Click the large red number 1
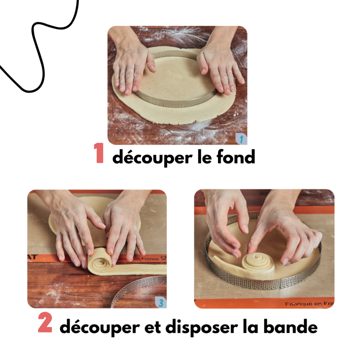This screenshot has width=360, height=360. coord(99,154)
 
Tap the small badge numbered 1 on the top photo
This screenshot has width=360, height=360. coord(241,139)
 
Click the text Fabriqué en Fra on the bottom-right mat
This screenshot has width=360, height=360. coord(309,303)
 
